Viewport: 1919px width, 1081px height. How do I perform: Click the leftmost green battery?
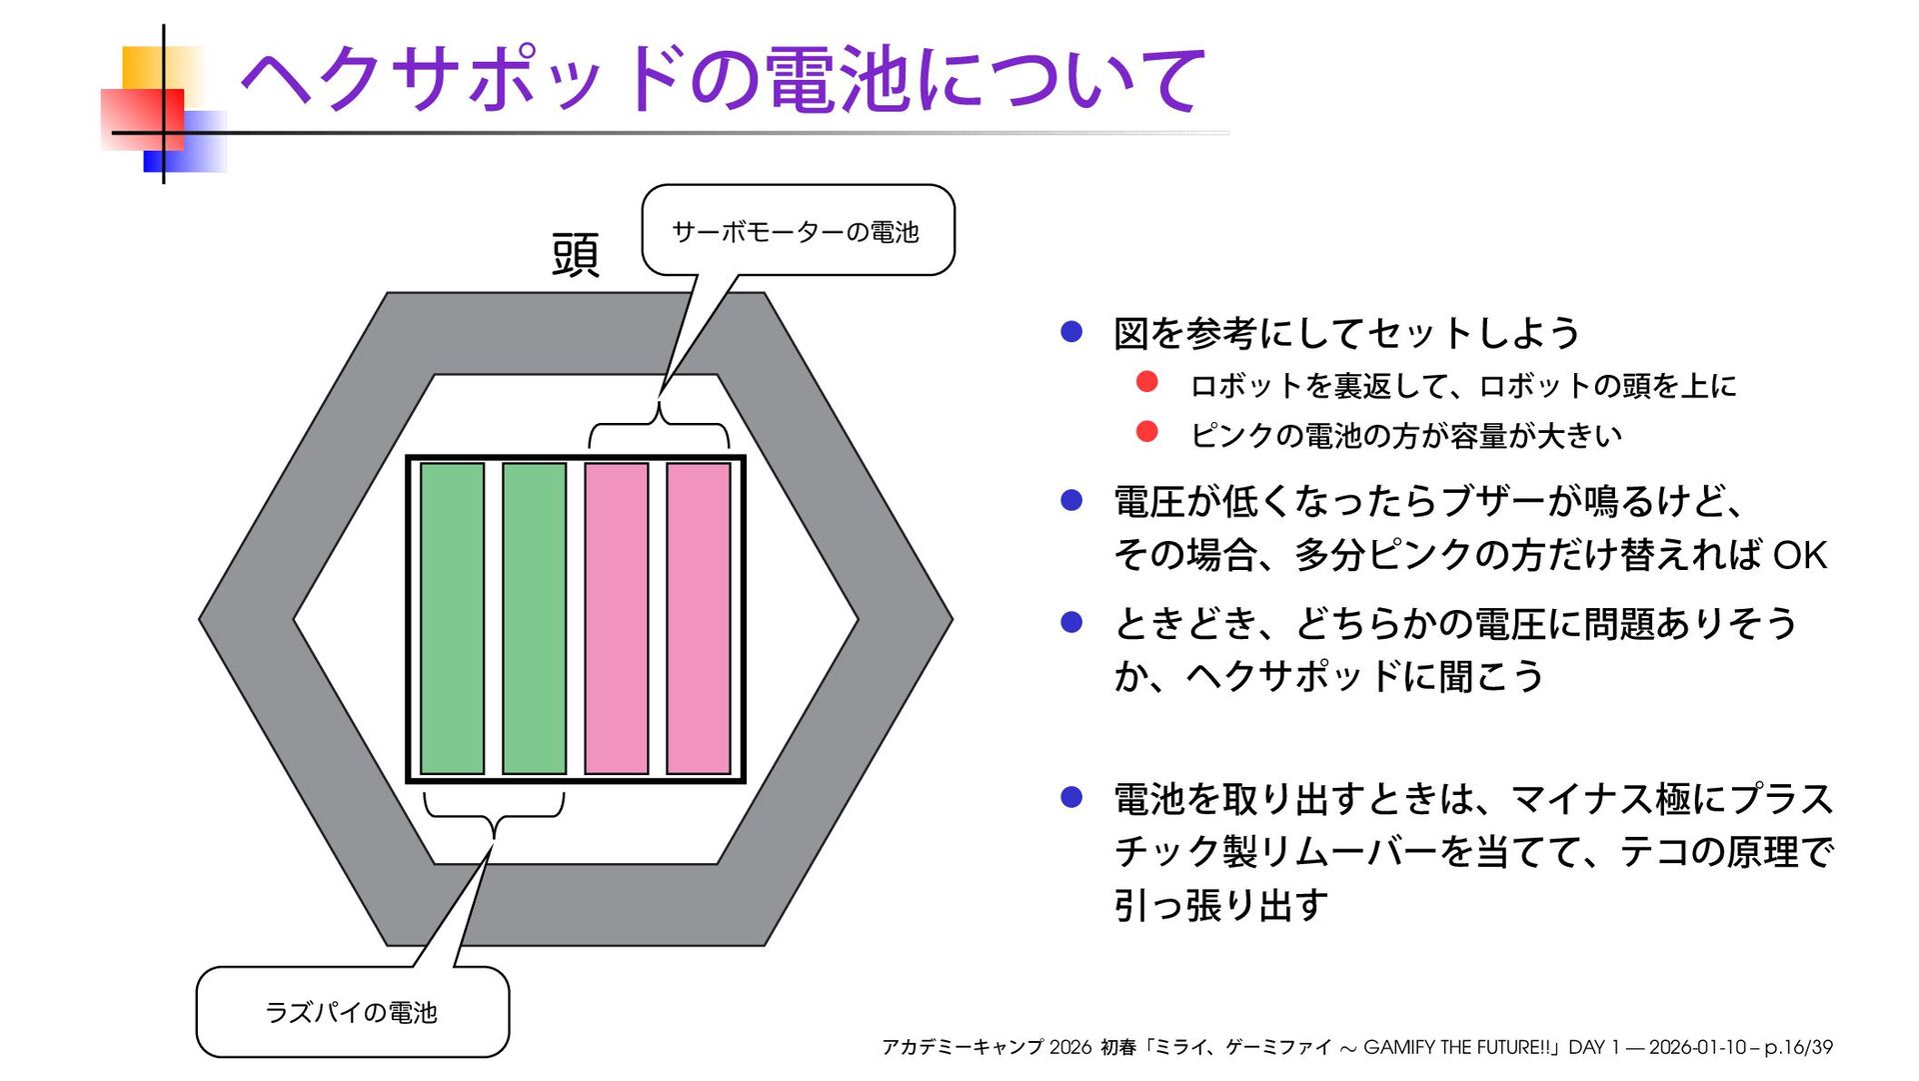tap(452, 618)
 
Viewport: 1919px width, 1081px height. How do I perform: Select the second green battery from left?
tap(534, 618)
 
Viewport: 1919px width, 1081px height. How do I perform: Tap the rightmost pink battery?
tap(698, 618)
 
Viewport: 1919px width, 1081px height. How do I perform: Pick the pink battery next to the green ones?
tap(616, 618)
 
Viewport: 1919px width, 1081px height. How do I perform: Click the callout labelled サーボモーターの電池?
tap(797, 231)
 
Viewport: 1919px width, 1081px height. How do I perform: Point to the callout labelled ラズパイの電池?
tap(352, 1012)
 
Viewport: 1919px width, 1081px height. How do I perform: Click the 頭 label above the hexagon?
tap(576, 254)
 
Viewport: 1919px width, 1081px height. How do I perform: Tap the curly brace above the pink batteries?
tap(659, 428)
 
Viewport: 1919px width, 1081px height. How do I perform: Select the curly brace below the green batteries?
tap(494, 812)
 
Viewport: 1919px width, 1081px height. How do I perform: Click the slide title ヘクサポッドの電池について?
tap(723, 80)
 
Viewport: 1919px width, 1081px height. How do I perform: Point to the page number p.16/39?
tap(1798, 1047)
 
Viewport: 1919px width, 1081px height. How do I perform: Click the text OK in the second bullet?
tap(1799, 555)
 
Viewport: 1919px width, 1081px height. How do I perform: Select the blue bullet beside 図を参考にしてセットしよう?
tap(1071, 332)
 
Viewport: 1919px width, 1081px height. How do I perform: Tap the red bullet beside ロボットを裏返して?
tap(1147, 382)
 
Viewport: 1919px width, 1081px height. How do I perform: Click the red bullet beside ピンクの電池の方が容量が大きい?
tap(1147, 432)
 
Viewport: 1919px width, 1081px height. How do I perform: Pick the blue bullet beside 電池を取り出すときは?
tap(1071, 797)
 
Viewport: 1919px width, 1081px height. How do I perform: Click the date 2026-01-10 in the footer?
tap(1697, 1047)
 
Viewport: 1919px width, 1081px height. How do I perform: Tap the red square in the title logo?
tap(142, 119)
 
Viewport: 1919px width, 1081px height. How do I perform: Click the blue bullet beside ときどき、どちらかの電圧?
tap(1071, 622)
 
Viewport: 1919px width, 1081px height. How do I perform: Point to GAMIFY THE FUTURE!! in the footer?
tap(1460, 1047)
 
